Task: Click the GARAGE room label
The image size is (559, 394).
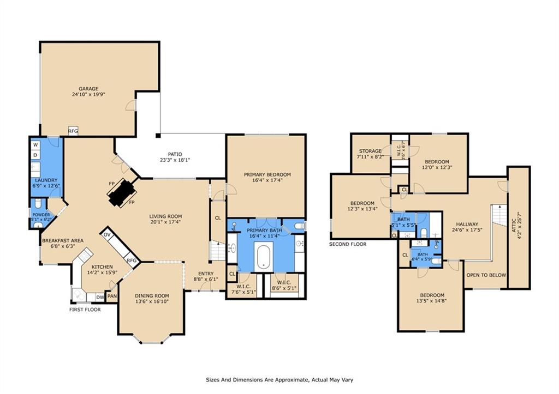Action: [x=88, y=88]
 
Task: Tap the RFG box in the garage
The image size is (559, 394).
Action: [x=73, y=131]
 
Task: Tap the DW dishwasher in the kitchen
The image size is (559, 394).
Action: [x=100, y=297]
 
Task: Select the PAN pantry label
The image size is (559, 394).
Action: [x=112, y=297]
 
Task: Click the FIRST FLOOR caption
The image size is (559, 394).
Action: [x=85, y=310]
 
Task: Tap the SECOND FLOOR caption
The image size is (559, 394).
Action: [x=347, y=244]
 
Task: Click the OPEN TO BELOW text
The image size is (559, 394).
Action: [x=485, y=275]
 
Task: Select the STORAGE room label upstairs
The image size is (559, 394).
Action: [x=370, y=151]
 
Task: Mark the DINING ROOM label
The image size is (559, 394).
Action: [x=152, y=296]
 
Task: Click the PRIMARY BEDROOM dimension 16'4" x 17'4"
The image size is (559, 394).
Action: [x=267, y=180]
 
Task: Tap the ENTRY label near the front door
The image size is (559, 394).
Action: [x=206, y=274]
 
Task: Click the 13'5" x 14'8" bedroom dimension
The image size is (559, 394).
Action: [x=431, y=300]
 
